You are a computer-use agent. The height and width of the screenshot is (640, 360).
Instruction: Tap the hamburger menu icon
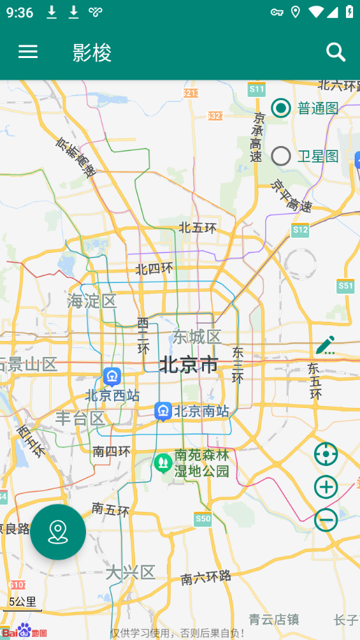pyautogui.click(x=28, y=52)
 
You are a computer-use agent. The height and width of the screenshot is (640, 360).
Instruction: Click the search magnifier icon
pyautogui.click(x=336, y=52)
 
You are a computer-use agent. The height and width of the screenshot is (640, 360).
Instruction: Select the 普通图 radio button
pyautogui.click(x=281, y=108)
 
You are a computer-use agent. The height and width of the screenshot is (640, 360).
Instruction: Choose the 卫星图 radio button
pyautogui.click(x=281, y=156)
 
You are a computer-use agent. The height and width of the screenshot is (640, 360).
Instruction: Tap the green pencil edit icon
pyautogui.click(x=326, y=345)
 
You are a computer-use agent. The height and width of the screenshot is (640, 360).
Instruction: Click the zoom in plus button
pyautogui.click(x=326, y=488)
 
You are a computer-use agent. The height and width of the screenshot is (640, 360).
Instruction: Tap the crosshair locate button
pyautogui.click(x=326, y=455)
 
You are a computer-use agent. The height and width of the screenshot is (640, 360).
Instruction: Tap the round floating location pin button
pyautogui.click(x=58, y=532)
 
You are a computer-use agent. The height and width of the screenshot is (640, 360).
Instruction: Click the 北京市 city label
pyautogui.click(x=189, y=365)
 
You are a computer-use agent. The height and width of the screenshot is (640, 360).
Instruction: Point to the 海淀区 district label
pyautogui.click(x=92, y=301)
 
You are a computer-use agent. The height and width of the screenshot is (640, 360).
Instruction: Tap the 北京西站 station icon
pyautogui.click(x=112, y=377)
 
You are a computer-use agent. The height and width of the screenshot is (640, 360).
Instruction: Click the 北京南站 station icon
pyautogui.click(x=163, y=411)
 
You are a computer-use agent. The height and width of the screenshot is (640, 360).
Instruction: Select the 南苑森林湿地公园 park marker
pyautogui.click(x=162, y=462)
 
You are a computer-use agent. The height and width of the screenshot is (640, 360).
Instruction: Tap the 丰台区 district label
pyautogui.click(x=80, y=419)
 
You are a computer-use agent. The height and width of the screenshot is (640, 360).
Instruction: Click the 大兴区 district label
pyautogui.click(x=131, y=572)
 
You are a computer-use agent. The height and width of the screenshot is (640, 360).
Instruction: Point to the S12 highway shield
pyautogui.click(x=300, y=229)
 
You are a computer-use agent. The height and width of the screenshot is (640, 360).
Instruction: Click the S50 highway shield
pyautogui.click(x=203, y=519)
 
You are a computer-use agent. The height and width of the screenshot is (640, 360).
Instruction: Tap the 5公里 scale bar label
pyautogui.click(x=22, y=602)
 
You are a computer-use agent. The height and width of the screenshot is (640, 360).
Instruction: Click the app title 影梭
pyautogui.click(x=92, y=53)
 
